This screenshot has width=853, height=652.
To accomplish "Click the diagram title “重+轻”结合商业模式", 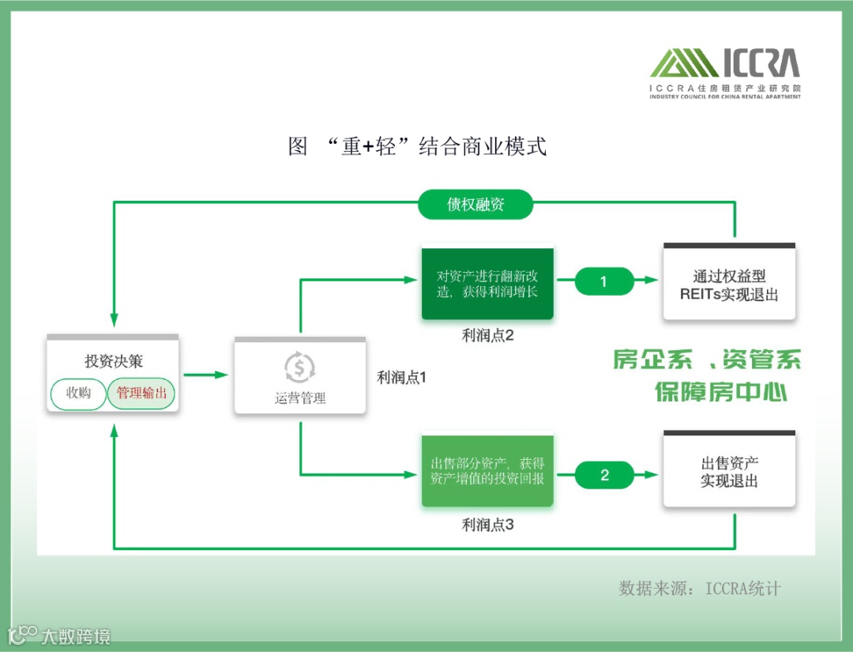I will pos(418,147).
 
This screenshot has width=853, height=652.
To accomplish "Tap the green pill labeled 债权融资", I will pos(475,205).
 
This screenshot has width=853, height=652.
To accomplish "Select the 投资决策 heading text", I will pos(114,361).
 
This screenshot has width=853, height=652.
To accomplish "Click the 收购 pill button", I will pos(78,394).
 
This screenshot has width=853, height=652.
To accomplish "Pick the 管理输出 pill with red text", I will pos(141,394).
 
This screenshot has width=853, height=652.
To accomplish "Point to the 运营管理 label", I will pos(300,398).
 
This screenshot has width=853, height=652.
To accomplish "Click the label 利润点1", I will pos(401,378).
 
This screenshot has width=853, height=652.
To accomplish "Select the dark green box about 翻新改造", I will pos(487,284).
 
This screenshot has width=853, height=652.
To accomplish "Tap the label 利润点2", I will pos(488,335).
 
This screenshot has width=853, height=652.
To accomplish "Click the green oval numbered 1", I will pos(604,281).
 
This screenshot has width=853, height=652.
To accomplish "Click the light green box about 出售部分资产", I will pos(487,471).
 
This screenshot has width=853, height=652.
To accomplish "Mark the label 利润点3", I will pos(488,524).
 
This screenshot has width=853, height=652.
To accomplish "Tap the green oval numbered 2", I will pos(604,475).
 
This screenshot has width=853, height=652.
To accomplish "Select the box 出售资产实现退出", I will pos(729,472).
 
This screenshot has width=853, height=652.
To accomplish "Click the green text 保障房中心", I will pos(721,391).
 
